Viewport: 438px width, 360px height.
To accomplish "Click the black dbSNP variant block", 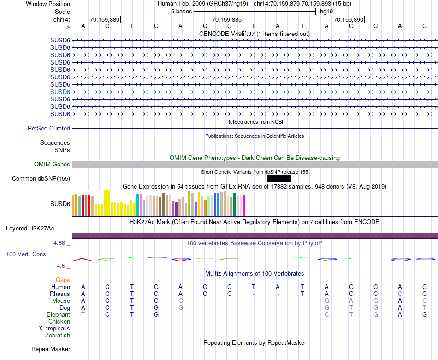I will point(279,178).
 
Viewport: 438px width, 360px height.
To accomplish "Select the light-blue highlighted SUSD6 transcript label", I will point(60,92).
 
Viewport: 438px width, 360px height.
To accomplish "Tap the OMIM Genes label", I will point(52,164).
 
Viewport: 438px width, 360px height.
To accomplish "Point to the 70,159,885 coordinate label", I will point(226,20).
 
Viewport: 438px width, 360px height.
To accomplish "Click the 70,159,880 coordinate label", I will point(105,20).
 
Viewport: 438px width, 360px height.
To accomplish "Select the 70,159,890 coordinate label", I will point(349,20).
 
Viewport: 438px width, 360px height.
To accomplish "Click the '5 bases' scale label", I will point(181,12).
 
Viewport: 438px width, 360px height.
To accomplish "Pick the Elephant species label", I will point(59,314).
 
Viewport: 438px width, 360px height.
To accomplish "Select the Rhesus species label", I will point(60,294).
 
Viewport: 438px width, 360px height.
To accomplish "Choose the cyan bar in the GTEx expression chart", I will point(138,204).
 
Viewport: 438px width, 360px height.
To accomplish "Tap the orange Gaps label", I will point(63,280).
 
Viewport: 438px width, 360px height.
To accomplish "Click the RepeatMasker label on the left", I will point(51,349).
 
